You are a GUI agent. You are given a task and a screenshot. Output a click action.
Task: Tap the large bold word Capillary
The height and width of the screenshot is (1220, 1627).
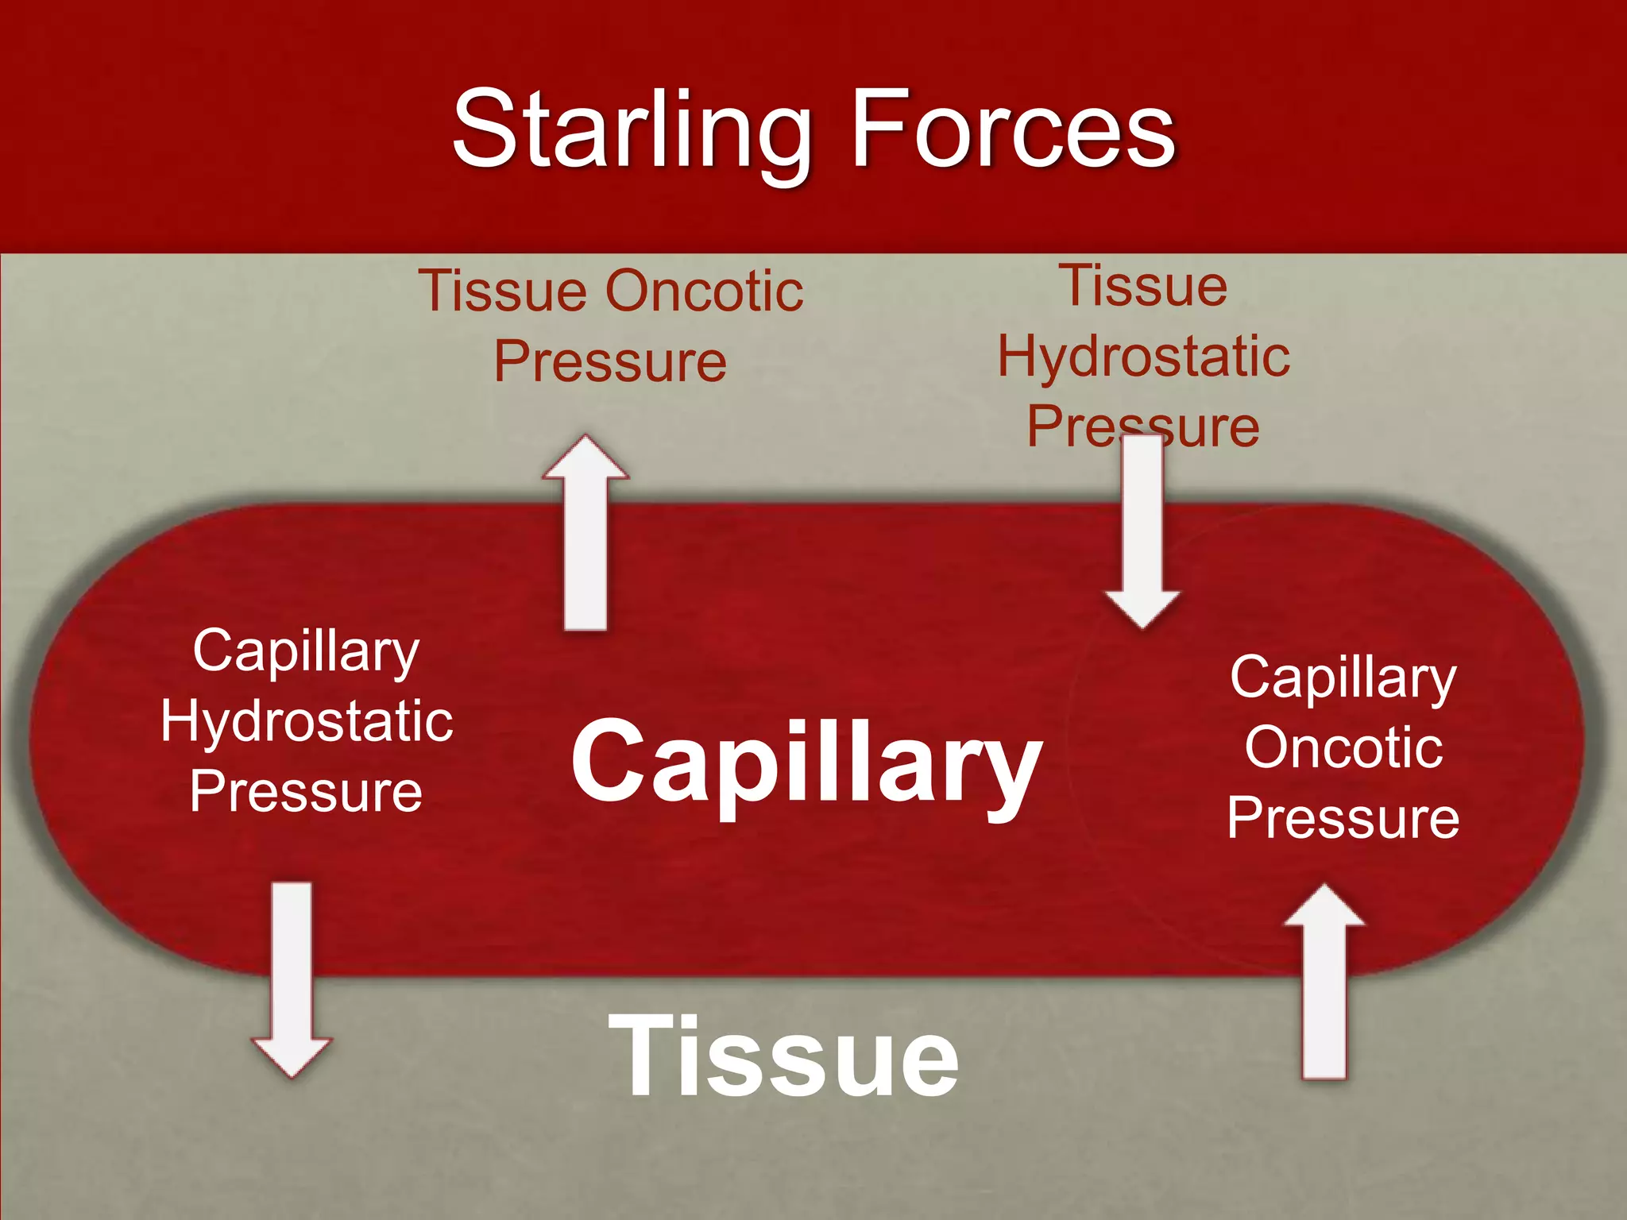tap(806, 762)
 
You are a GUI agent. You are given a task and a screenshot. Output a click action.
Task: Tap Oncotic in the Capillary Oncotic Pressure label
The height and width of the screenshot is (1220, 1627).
tap(1343, 747)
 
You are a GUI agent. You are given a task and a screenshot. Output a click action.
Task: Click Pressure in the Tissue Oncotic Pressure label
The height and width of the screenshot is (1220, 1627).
tap(610, 362)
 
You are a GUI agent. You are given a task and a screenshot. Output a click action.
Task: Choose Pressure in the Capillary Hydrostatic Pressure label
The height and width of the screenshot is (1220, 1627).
tap(306, 792)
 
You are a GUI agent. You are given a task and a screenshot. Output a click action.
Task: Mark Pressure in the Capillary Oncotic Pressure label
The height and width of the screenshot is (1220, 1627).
tap(1343, 818)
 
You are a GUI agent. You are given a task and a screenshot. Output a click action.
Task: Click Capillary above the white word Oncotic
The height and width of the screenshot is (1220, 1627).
tap(1343, 680)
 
